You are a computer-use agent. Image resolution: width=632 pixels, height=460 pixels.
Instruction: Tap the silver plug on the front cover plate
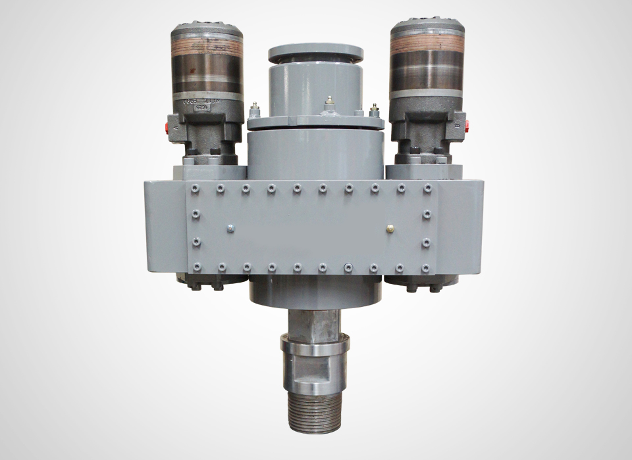coord(230,228)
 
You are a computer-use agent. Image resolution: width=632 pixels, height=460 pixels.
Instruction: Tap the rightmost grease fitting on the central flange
coord(375,110)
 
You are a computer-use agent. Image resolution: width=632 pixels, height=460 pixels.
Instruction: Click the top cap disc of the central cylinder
coord(315,51)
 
